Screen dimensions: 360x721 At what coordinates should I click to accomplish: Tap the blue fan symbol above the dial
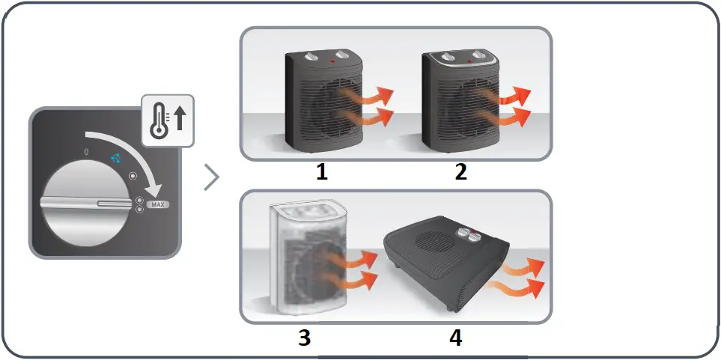[115, 158]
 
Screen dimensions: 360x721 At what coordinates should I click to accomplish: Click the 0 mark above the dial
[88, 152]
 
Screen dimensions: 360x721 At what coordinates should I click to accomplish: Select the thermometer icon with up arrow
[168, 120]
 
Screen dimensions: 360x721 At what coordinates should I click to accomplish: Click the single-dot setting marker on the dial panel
[133, 177]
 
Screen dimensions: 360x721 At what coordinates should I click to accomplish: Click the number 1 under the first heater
[321, 172]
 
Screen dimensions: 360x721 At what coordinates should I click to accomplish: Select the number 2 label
[460, 172]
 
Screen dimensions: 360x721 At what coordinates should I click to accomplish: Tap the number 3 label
[304, 338]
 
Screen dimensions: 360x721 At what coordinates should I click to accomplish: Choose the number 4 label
[455, 338]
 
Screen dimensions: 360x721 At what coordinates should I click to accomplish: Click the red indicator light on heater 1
[329, 58]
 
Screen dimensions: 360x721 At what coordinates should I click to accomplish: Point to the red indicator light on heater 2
[468, 60]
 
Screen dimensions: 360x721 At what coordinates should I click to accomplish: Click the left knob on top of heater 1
[312, 55]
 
